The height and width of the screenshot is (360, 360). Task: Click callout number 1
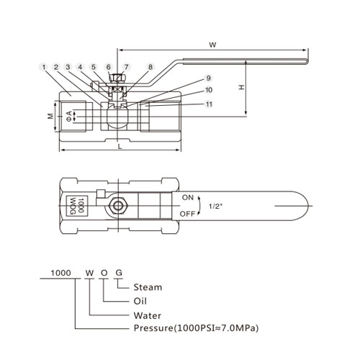click(43, 67)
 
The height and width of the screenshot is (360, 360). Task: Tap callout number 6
click(109, 67)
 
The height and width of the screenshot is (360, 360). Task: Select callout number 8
click(150, 67)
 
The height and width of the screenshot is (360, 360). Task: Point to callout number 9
click(208, 78)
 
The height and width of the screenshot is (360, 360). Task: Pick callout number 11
click(209, 104)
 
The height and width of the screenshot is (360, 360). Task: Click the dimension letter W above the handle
click(212, 45)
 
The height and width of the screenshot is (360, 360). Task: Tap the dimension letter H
click(241, 87)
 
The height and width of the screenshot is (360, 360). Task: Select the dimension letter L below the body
click(120, 146)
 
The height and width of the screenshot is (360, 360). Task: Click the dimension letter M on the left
click(50, 117)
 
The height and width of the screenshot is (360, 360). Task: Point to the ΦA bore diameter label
click(69, 116)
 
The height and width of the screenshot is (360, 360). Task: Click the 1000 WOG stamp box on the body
click(77, 206)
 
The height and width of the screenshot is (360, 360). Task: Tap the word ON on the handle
click(188, 197)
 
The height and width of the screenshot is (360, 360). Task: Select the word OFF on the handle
click(187, 214)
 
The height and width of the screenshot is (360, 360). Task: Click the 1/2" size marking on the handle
click(216, 206)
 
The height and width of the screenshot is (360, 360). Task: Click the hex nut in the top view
click(118, 206)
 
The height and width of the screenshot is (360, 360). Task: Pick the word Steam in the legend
click(148, 287)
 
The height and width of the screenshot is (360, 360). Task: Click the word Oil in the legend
click(140, 301)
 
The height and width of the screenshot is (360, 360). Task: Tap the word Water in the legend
click(148, 315)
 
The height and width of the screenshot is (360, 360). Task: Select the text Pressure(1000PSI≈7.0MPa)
click(196, 328)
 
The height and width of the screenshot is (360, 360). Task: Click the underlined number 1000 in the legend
click(60, 273)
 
